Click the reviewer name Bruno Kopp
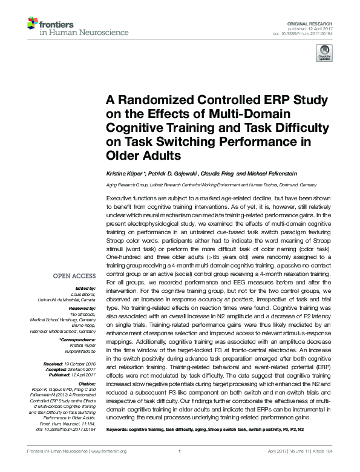(x=87, y=326)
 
